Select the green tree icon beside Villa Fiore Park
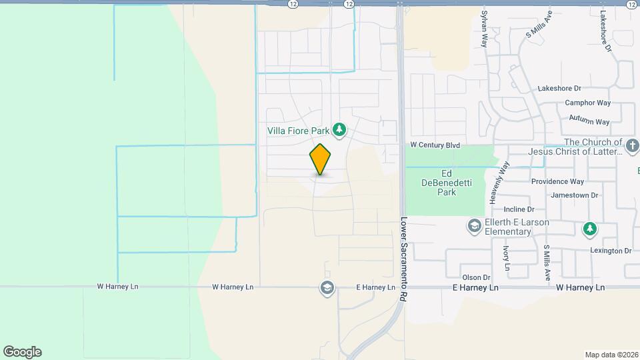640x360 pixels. click(x=339, y=129)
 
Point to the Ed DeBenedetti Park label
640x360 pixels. click(x=438, y=182)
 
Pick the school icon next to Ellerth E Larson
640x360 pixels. click(x=474, y=226)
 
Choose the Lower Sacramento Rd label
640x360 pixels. click(x=404, y=257)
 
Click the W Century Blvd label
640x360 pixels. click(x=435, y=145)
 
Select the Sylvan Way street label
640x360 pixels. click(x=485, y=29)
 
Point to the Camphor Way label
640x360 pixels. click(x=587, y=103)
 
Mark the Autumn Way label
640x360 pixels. click(x=589, y=122)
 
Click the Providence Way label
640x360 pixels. click(x=557, y=181)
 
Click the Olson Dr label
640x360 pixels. click(x=476, y=277)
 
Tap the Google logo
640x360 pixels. click(x=22, y=352)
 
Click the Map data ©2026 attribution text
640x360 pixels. click(x=611, y=355)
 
